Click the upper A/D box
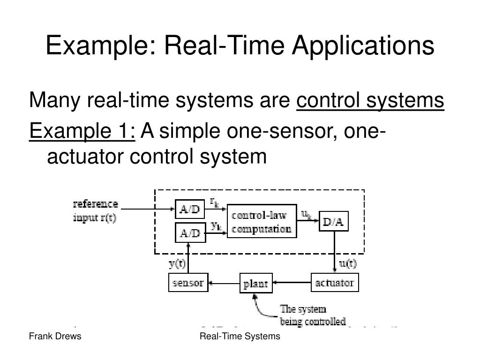(x=190, y=210)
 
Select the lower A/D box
(x=190, y=232)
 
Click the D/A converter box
(x=334, y=222)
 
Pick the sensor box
(x=188, y=283)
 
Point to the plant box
(x=255, y=284)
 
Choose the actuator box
(x=334, y=283)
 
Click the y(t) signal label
(x=177, y=263)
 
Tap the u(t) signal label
(x=348, y=263)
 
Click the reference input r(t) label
(x=96, y=211)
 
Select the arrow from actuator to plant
(x=292, y=283)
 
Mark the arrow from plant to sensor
(x=224, y=283)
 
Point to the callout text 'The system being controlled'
(x=313, y=315)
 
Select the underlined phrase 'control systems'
(x=370, y=100)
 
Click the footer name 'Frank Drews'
(x=55, y=336)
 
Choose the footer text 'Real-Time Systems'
(x=240, y=336)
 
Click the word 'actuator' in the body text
(x=85, y=156)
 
